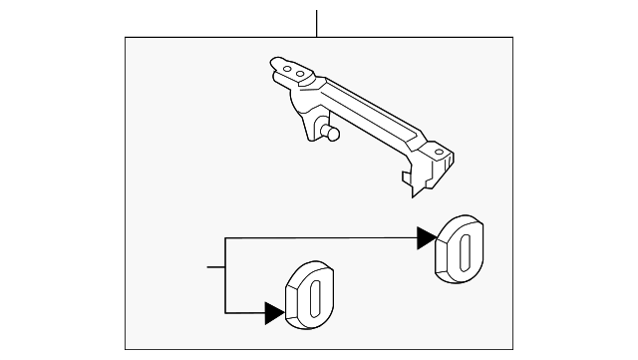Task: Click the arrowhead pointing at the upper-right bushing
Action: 427,238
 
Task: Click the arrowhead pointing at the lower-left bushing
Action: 275,313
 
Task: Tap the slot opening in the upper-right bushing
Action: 466,249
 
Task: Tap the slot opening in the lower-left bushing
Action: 316,297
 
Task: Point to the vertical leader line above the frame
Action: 316,23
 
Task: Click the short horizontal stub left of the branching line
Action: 217,267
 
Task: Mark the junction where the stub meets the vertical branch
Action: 228,267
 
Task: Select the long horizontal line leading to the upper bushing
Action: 319,238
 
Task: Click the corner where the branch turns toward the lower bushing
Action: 228,313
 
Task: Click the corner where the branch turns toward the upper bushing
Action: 228,238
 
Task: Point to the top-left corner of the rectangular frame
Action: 125,38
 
